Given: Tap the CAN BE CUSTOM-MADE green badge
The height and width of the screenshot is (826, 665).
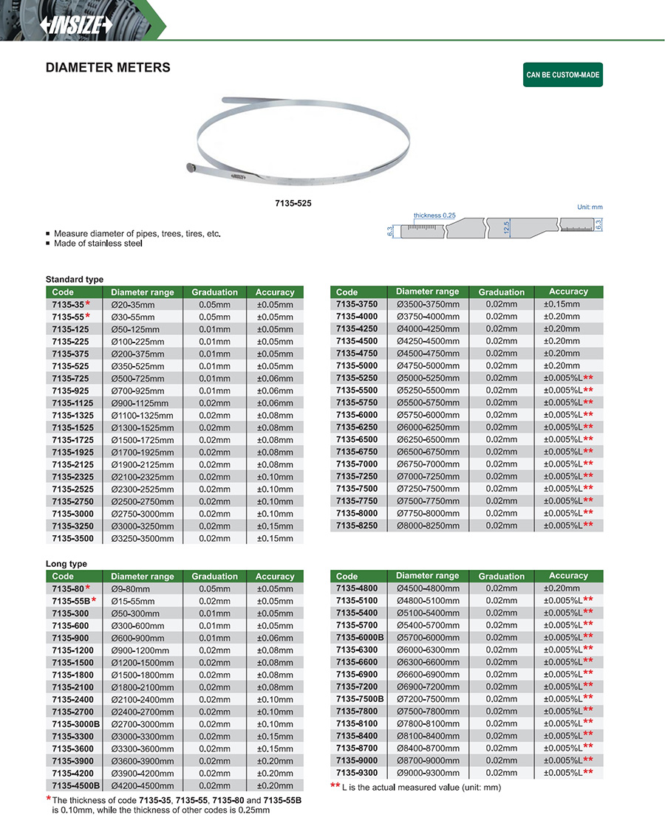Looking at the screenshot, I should tap(562, 75).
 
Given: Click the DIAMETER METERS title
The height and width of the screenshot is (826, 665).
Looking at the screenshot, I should tap(108, 68).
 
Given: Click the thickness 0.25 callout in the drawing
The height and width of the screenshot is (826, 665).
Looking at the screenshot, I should tap(434, 216).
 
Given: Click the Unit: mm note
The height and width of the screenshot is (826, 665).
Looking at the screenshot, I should tap(590, 207).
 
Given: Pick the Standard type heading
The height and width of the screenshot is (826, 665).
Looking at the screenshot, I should tap(75, 280).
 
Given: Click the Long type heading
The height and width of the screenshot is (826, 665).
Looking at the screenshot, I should tap(66, 564).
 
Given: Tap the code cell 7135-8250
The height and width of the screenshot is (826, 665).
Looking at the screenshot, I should tap(357, 526).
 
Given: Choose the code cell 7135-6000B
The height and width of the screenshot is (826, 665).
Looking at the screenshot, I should tap(360, 637).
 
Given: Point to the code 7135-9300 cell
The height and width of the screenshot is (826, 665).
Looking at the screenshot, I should tap(357, 773).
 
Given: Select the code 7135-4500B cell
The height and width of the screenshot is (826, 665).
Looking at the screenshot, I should tap(75, 785).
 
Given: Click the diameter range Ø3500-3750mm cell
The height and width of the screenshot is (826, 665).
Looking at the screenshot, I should tap(428, 304).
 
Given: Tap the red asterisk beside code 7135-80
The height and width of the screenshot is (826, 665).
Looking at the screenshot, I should tap(88, 588).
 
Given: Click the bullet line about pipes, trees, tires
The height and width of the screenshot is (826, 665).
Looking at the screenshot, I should tap(137, 233).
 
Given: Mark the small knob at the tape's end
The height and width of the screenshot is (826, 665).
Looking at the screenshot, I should tap(190, 168).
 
